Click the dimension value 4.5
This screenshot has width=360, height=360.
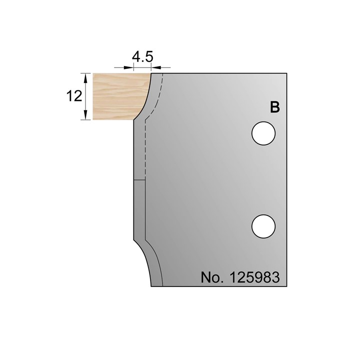tap(142, 56)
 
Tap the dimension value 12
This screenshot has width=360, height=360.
tap(74, 96)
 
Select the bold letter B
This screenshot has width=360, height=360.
tap(274, 107)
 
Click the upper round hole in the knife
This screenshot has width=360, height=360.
tap(263, 134)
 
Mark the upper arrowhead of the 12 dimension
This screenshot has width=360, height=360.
tap(87, 76)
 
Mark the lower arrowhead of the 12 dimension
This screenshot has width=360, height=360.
tap(87, 116)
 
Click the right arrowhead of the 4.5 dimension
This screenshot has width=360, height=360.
tap(154, 66)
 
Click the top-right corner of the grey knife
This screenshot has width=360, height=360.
tap(286, 73)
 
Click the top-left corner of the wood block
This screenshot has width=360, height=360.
tap(93, 73)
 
